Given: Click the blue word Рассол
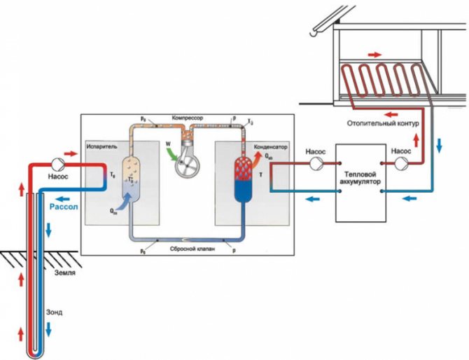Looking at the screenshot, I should pos(65,207).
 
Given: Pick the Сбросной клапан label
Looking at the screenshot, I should pos(186,249).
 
